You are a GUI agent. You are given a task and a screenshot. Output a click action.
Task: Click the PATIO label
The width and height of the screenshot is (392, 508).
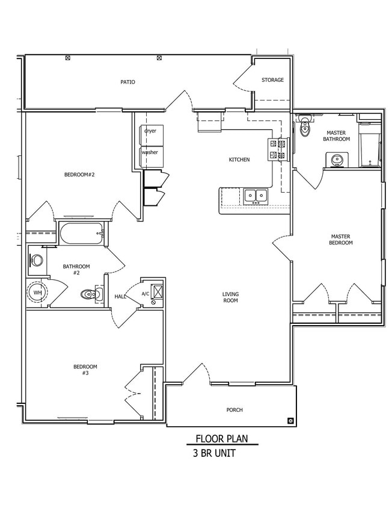(128, 82)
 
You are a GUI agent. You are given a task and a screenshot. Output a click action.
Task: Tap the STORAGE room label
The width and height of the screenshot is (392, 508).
(272, 79)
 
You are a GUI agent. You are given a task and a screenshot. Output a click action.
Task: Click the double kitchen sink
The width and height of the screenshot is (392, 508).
(256, 196)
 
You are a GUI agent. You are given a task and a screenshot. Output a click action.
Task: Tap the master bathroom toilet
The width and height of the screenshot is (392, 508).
(305, 126)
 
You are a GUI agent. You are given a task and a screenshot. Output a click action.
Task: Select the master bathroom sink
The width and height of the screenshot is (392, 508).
(337, 160)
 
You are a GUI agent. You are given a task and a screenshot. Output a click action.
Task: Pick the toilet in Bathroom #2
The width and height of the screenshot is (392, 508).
(92, 294)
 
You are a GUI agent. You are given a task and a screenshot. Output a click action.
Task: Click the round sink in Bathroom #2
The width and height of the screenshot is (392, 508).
(37, 260)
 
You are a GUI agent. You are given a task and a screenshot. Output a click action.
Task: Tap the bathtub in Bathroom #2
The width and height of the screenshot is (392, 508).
(82, 234)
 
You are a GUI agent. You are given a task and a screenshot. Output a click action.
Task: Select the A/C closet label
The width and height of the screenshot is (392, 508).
(145, 294)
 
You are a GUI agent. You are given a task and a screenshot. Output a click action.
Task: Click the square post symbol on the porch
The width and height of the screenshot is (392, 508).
(290, 421)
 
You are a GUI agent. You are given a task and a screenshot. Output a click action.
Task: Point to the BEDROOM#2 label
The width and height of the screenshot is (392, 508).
(79, 175)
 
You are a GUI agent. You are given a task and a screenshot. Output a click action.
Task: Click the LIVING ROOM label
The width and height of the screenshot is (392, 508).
(230, 297)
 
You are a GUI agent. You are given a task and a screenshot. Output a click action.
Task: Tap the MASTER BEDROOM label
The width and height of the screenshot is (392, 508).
(341, 240)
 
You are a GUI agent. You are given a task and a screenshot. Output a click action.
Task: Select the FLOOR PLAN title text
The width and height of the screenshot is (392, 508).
(222, 439)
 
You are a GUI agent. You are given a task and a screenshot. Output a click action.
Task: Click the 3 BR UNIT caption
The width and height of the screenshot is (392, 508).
(215, 453)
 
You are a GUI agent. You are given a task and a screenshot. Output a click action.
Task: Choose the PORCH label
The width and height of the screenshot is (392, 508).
(234, 410)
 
